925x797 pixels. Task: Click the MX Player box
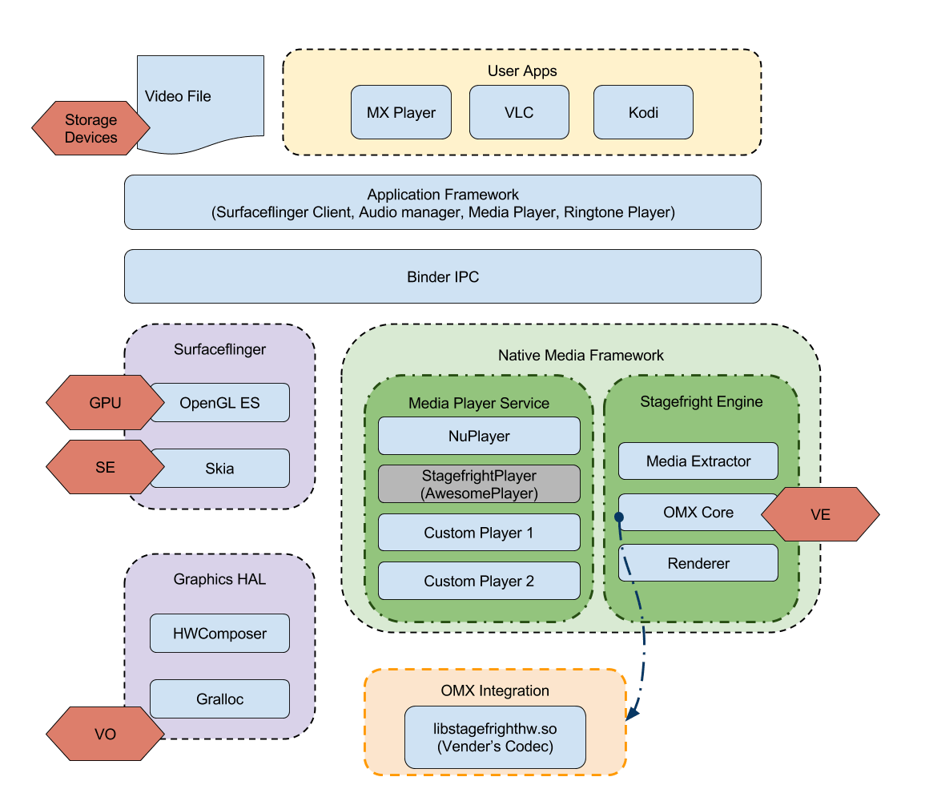400,113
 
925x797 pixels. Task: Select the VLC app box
519,113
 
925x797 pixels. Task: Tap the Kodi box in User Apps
643,113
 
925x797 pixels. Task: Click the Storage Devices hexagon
90,129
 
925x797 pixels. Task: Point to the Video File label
178,96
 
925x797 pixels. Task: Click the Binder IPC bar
442,277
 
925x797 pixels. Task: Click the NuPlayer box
479,437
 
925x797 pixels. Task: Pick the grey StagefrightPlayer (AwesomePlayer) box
479,485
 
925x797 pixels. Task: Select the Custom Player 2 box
479,582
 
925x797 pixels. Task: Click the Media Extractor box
698,461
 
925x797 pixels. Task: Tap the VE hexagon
821,515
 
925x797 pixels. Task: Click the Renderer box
698,564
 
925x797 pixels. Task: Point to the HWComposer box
219,634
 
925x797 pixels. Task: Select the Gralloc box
219,699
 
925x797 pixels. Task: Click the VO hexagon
104,734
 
